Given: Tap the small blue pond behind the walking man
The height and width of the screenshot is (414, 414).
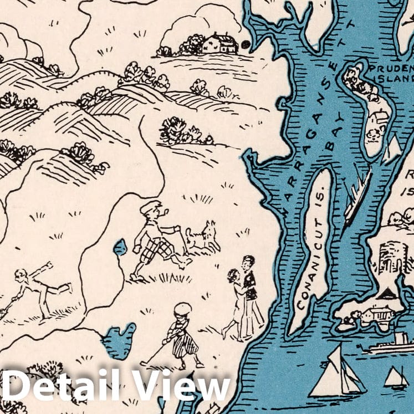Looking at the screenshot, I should tap(120, 247).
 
